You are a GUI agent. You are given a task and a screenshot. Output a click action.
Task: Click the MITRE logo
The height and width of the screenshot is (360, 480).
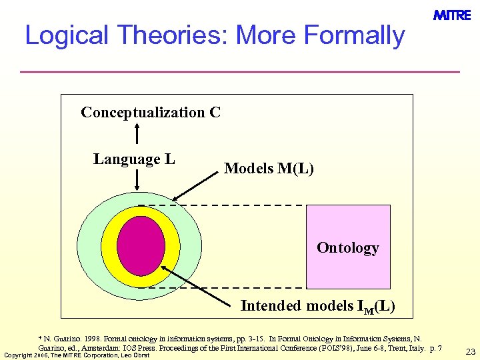452,15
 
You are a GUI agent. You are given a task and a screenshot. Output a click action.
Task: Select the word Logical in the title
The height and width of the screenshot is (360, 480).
71,35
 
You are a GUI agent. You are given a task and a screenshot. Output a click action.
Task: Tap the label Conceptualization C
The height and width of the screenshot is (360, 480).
151,112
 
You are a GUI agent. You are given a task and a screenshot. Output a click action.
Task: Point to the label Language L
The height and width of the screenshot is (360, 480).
134,159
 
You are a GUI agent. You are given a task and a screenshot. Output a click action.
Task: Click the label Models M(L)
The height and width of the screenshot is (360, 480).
269,168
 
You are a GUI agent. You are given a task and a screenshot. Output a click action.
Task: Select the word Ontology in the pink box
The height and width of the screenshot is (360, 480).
348,248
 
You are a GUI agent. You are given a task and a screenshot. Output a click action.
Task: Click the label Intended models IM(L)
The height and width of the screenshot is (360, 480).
317,306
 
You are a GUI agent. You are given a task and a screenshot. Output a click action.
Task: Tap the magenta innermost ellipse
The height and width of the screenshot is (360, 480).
141,246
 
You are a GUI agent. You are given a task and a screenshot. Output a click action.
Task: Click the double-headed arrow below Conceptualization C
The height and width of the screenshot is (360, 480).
137,132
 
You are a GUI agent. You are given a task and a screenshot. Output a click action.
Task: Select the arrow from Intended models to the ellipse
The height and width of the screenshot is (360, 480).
200,284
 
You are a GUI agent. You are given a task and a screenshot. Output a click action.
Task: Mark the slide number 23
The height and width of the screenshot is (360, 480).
470,351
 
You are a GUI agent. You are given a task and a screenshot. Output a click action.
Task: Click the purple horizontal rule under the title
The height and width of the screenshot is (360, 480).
240,71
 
